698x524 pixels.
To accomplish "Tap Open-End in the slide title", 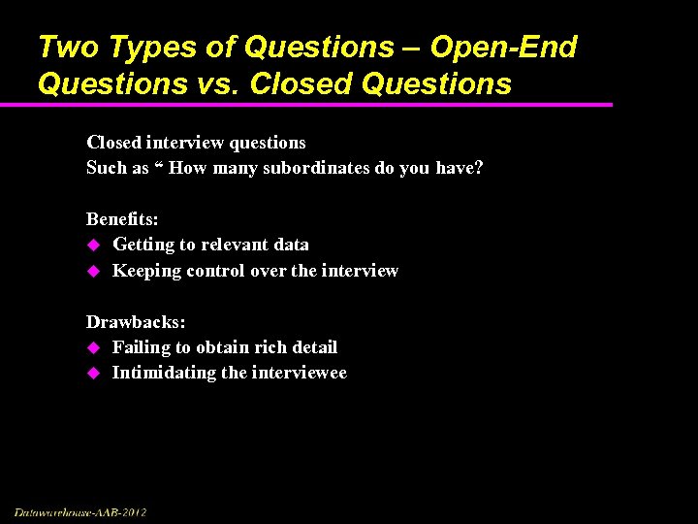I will point(503,47).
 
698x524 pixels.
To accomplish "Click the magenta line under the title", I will point(320,105).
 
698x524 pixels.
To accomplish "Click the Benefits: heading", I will point(122,219).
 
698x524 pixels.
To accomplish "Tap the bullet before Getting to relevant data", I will point(93,246).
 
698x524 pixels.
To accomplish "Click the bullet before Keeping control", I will point(93,272).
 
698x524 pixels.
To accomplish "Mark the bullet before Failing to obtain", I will point(93,347).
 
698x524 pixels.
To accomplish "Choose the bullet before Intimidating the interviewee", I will point(93,374).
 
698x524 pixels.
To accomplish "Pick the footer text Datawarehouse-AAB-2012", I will point(80,512).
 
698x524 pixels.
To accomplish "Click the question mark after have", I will point(478,168).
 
